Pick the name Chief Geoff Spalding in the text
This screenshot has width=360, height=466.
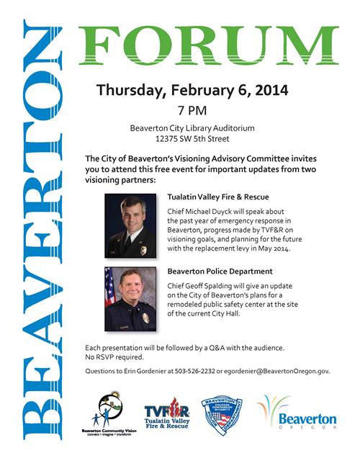click(200, 286)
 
